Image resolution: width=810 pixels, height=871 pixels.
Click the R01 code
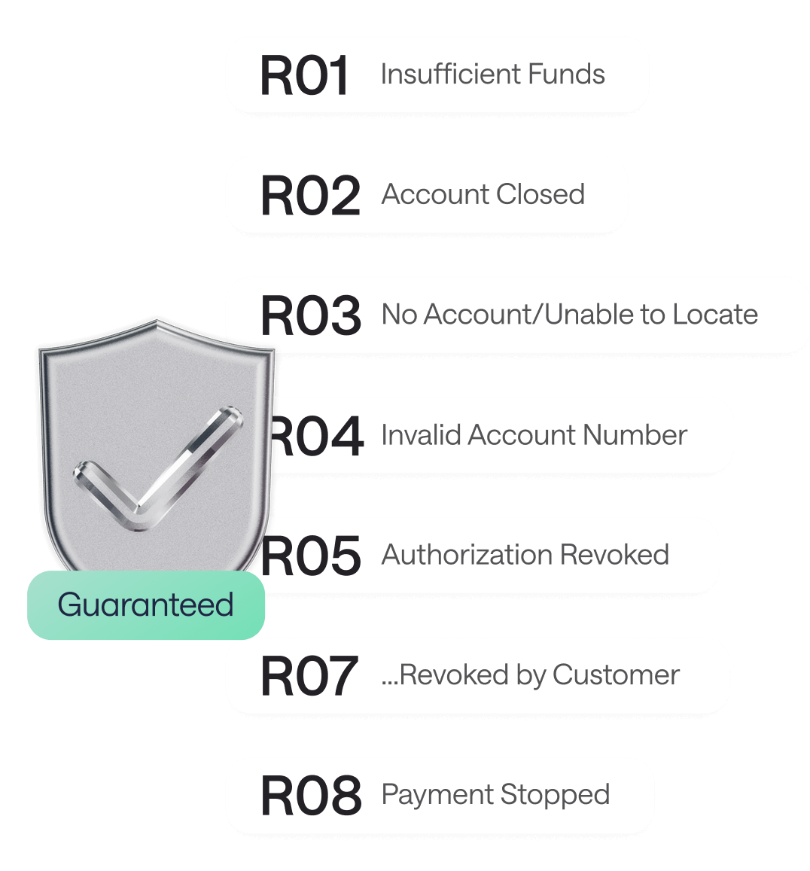[305, 76]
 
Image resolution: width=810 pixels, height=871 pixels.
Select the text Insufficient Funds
[492, 75]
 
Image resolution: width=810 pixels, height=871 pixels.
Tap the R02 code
[310, 196]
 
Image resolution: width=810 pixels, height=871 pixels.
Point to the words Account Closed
[483, 194]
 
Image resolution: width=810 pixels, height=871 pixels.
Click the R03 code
[310, 315]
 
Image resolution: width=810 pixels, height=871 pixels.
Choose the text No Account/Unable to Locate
[570, 315]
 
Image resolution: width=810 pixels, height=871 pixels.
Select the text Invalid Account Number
[534, 435]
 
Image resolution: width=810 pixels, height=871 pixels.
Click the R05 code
[310, 556]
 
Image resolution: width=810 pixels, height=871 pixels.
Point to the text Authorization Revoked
[525, 555]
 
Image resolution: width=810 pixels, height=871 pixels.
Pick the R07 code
[309, 676]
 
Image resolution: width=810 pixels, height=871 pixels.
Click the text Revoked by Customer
[531, 675]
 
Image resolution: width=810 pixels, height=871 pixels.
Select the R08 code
[310, 796]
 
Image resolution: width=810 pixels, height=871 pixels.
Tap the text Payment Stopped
[495, 795]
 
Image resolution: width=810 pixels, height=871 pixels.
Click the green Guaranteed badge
[146, 605]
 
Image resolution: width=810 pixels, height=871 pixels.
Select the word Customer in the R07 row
[616, 675]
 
